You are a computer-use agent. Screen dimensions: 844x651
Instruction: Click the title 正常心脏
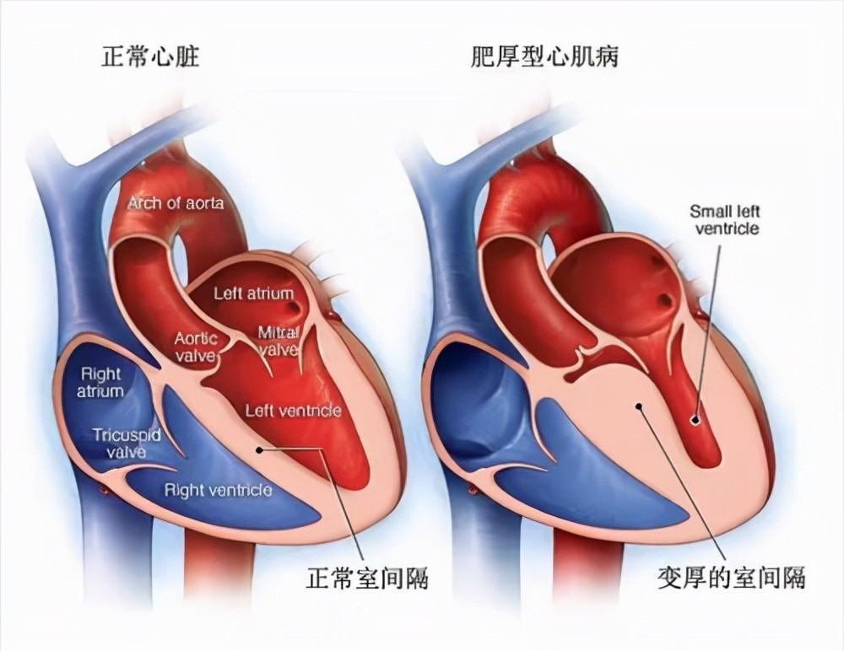click(150, 56)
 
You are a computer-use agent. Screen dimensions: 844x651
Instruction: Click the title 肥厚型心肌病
click(545, 56)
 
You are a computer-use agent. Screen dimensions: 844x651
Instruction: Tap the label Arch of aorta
click(176, 203)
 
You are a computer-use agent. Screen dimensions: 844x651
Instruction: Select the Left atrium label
click(254, 293)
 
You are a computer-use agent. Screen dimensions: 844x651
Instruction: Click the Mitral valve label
click(278, 342)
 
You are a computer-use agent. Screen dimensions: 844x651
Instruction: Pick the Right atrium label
click(100, 382)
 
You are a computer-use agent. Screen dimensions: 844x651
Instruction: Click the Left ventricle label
click(294, 411)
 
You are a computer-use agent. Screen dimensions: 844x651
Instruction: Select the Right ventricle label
click(218, 490)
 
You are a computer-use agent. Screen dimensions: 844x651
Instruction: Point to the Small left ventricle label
click(726, 219)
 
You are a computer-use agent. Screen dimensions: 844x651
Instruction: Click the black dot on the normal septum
click(259, 449)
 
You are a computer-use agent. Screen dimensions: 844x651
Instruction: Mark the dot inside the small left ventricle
click(695, 420)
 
